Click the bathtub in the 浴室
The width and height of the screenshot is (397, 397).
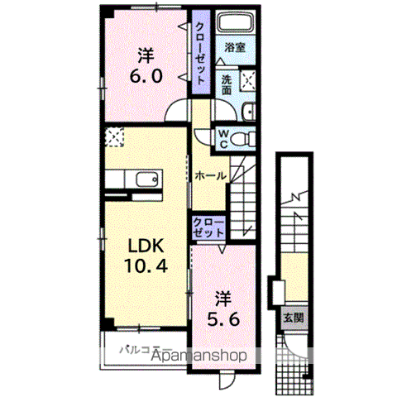click(x=237, y=23)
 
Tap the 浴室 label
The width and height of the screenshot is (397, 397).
click(x=235, y=47)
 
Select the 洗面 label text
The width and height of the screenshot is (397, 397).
click(x=227, y=85)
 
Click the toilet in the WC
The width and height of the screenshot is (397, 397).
click(x=242, y=139)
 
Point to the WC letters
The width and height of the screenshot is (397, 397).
click(x=223, y=139)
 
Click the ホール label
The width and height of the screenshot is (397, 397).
click(x=210, y=175)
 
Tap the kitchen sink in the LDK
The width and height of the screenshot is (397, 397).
click(x=147, y=179)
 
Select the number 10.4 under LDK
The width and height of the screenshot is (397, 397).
click(x=146, y=265)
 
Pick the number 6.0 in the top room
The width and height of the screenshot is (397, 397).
click(x=146, y=75)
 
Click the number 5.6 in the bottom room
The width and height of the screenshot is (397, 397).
click(x=223, y=319)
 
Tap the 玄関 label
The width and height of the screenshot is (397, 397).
click(x=294, y=318)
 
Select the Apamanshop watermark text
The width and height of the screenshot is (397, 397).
click(x=199, y=356)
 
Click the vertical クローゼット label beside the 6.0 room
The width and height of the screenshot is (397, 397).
click(x=200, y=54)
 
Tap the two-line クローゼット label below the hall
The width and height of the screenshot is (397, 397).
click(x=208, y=227)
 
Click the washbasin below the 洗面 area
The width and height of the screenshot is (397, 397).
click(x=249, y=112)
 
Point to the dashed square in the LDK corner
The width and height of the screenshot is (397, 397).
click(x=114, y=136)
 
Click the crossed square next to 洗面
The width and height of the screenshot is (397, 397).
click(x=247, y=80)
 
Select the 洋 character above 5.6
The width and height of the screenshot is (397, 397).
click(x=223, y=299)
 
